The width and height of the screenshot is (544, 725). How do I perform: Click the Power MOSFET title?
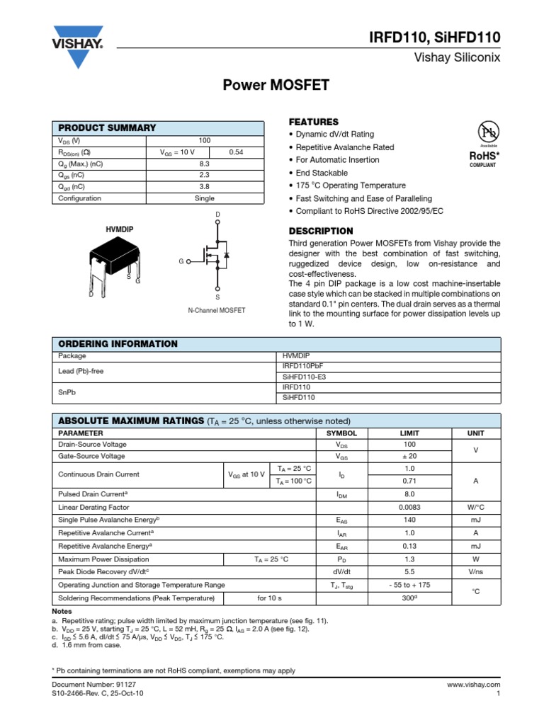coord(276,86)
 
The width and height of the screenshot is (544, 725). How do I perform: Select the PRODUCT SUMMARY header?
coord(107,127)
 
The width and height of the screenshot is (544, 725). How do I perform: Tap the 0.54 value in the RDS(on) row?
coord(236,152)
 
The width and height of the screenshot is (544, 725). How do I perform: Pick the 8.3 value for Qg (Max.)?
coord(205,164)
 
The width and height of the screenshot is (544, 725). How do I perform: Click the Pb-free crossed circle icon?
coord(489,132)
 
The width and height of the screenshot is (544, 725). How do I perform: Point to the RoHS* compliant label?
coord(485,157)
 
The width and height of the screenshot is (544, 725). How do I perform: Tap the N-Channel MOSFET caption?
coord(217,310)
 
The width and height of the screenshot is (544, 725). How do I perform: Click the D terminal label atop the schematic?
coord(217,215)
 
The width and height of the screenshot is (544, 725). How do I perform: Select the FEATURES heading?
coord(313,122)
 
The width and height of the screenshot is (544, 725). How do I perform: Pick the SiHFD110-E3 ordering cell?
coord(304,377)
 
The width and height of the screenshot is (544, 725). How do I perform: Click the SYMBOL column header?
coord(341,433)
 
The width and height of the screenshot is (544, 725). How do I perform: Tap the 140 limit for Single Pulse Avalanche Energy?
coord(409,520)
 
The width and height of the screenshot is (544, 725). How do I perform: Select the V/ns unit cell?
coord(475,572)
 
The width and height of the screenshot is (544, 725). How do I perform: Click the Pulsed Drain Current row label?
coord(92,493)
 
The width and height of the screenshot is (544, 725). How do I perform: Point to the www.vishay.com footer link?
coord(474,685)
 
